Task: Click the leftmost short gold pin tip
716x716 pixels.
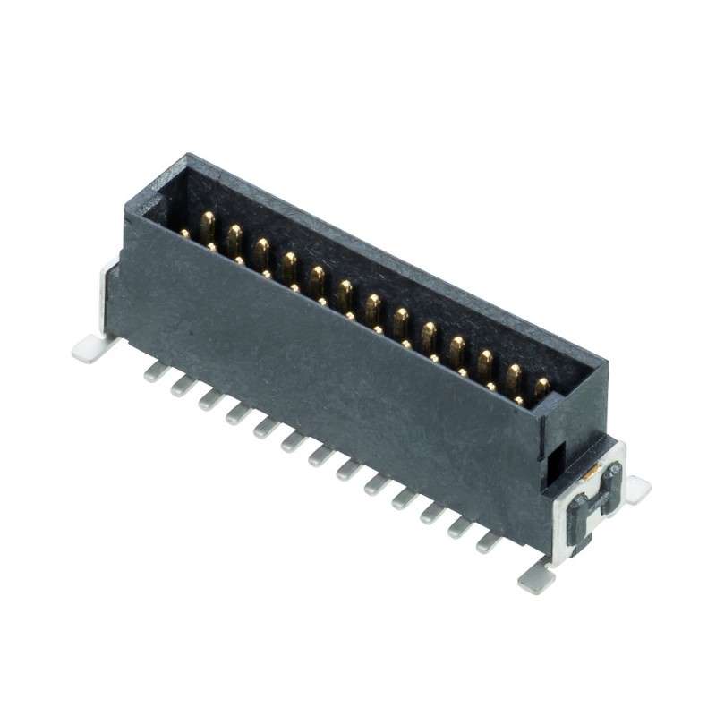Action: [185, 234]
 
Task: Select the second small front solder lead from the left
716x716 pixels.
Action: [183, 386]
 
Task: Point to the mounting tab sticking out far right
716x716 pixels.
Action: [636, 489]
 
